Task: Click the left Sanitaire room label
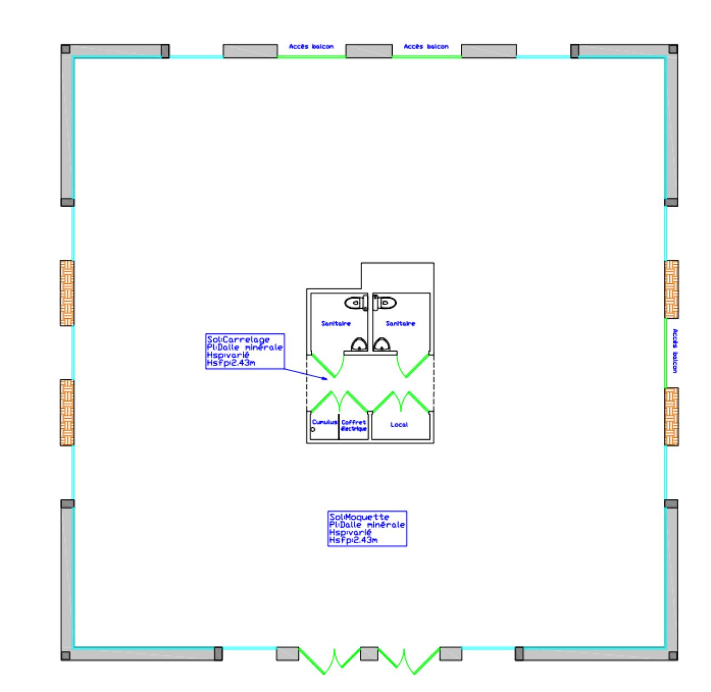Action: pyautogui.click(x=336, y=323)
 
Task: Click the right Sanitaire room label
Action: pyautogui.click(x=400, y=323)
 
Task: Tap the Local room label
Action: pyautogui.click(x=399, y=425)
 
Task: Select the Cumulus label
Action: pyautogui.click(x=325, y=422)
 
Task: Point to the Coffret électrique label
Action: pyautogui.click(x=354, y=425)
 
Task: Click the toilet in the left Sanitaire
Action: pyautogui.click(x=357, y=303)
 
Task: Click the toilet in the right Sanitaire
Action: pyautogui.click(x=384, y=303)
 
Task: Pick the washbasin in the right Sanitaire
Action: pyautogui.click(x=382, y=345)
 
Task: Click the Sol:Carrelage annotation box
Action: pyautogui.click(x=245, y=352)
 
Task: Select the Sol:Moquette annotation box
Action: pyautogui.click(x=367, y=529)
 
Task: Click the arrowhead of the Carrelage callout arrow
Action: pyautogui.click(x=326, y=379)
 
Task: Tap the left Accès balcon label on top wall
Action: pyautogui.click(x=311, y=47)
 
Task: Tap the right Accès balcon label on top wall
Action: pyautogui.click(x=426, y=47)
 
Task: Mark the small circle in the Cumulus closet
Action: pyautogui.click(x=313, y=429)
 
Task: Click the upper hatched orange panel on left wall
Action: pyautogui.click(x=67, y=293)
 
